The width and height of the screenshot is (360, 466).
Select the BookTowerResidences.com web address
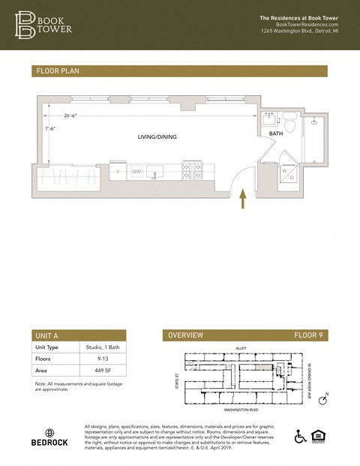click(x=298, y=24)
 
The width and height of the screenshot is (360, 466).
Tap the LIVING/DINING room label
click(x=157, y=137)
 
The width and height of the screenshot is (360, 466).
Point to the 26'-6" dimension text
click(x=72, y=116)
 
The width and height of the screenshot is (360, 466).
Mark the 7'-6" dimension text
click(x=50, y=128)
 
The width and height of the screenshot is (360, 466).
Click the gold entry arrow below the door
click(x=242, y=198)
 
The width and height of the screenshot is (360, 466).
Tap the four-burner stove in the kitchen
click(x=192, y=170)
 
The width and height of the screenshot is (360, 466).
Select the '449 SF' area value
click(x=92, y=371)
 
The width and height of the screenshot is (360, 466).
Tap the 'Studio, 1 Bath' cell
click(x=100, y=347)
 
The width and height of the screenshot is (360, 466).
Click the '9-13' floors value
click(x=89, y=359)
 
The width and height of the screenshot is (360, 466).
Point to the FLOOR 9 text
click(x=307, y=335)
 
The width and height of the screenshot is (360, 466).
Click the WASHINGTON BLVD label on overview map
click(x=241, y=410)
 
